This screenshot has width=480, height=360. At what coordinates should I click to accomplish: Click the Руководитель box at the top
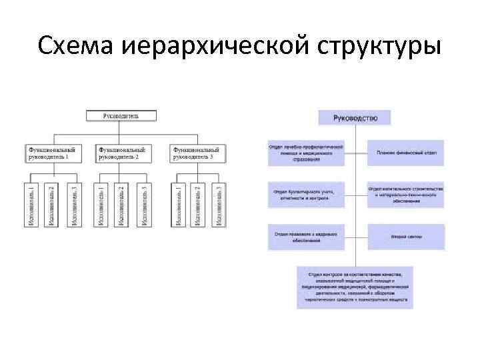[x=121, y=115]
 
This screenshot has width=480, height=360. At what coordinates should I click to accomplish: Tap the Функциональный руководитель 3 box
[x=197, y=153]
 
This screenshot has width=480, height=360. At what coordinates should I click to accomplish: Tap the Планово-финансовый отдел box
[x=405, y=153]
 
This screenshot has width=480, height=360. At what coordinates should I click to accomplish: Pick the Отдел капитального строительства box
[x=405, y=194]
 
